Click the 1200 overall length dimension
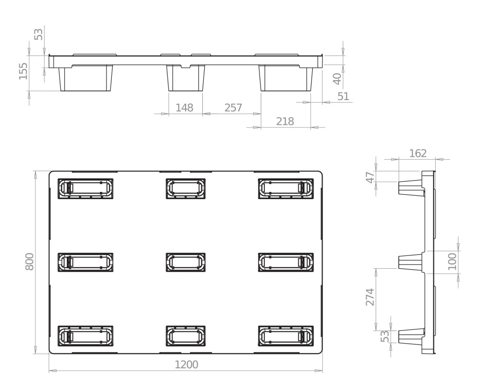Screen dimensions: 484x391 pos(187,365)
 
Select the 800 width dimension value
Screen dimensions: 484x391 pos(29,262)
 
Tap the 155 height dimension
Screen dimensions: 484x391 pos(23,71)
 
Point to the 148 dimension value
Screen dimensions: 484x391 pos(184,108)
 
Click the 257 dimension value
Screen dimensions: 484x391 pos(233,108)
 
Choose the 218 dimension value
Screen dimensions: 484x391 pos(285,121)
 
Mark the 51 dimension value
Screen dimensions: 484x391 pos(343,96)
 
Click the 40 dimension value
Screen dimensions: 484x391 pos(337,79)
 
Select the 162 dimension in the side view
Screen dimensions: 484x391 pos(418,153)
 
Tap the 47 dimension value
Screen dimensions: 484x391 pos(370,177)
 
